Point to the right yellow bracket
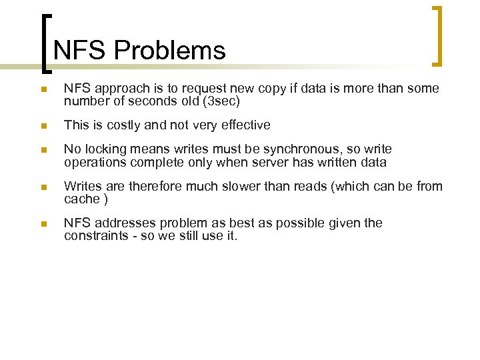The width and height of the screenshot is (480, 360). click(437, 37)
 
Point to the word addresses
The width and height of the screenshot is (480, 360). click(119, 223)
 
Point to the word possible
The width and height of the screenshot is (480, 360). click(283, 223)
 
